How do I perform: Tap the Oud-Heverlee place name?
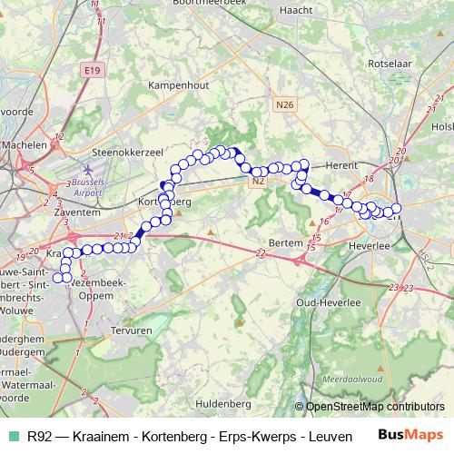click(331, 301)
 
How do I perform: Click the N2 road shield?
click(258, 181)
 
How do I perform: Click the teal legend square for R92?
click(12, 437)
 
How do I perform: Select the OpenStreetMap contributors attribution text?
click(375, 407)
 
